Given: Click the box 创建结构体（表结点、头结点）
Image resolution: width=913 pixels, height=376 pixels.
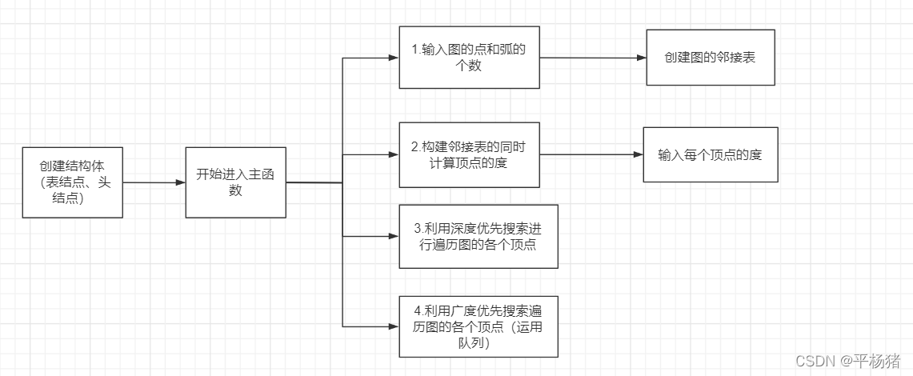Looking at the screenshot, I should [73, 182].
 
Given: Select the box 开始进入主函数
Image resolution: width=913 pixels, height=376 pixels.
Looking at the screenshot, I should [235, 182].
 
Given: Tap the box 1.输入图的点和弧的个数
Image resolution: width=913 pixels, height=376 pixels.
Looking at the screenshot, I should [468, 58].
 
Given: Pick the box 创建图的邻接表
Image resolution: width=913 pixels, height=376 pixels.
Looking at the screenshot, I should [710, 58].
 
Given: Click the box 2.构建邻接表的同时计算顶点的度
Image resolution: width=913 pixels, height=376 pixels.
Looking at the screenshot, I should [468, 154].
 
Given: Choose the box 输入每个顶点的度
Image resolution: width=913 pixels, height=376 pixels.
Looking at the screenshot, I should [710, 154].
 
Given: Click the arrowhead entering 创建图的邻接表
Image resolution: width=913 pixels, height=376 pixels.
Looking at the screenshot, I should [641, 58].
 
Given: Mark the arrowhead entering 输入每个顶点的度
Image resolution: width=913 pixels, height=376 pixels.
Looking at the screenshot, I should [638, 154].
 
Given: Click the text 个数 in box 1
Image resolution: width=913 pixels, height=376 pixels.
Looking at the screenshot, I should [468, 66].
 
